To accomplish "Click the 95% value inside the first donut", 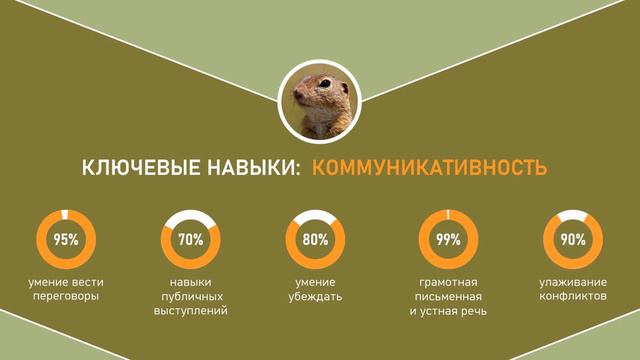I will pyautogui.click(x=66, y=240).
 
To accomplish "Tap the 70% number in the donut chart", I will pyautogui.click(x=191, y=240).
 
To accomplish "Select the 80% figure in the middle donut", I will pyautogui.click(x=315, y=240).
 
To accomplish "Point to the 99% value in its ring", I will pyautogui.click(x=448, y=240).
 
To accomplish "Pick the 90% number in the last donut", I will pyautogui.click(x=573, y=240).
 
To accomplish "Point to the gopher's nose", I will pyautogui.click(x=298, y=96).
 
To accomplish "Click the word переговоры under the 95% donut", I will pyautogui.click(x=66, y=297).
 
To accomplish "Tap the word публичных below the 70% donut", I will pyautogui.click(x=191, y=297).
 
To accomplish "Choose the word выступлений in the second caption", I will pyautogui.click(x=191, y=311).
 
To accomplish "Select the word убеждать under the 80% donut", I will pyautogui.click(x=315, y=297).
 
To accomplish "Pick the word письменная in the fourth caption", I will pyautogui.click(x=448, y=297).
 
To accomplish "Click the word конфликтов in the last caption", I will pyautogui.click(x=573, y=297).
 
